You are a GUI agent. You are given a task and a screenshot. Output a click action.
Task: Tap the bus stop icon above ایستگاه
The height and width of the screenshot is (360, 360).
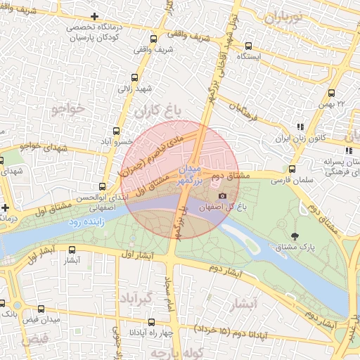coord(247,45)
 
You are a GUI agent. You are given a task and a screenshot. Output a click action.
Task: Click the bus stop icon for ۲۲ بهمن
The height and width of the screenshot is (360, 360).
coord(332,93)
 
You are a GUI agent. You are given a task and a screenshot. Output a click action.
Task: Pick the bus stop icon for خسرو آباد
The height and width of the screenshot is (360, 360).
coord(116,131)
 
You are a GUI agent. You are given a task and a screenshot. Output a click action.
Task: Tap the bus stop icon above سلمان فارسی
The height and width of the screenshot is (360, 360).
coord(292,169)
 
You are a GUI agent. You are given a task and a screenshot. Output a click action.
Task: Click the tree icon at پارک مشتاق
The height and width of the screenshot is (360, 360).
coord(294,236)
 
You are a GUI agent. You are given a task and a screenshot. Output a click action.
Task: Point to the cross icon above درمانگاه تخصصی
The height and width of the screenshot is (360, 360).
coord(95,16)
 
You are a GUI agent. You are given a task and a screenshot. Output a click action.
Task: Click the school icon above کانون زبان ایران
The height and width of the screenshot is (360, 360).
coord(300,127)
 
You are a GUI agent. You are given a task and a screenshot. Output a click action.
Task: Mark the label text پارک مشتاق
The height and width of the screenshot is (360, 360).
coord(316,248)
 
